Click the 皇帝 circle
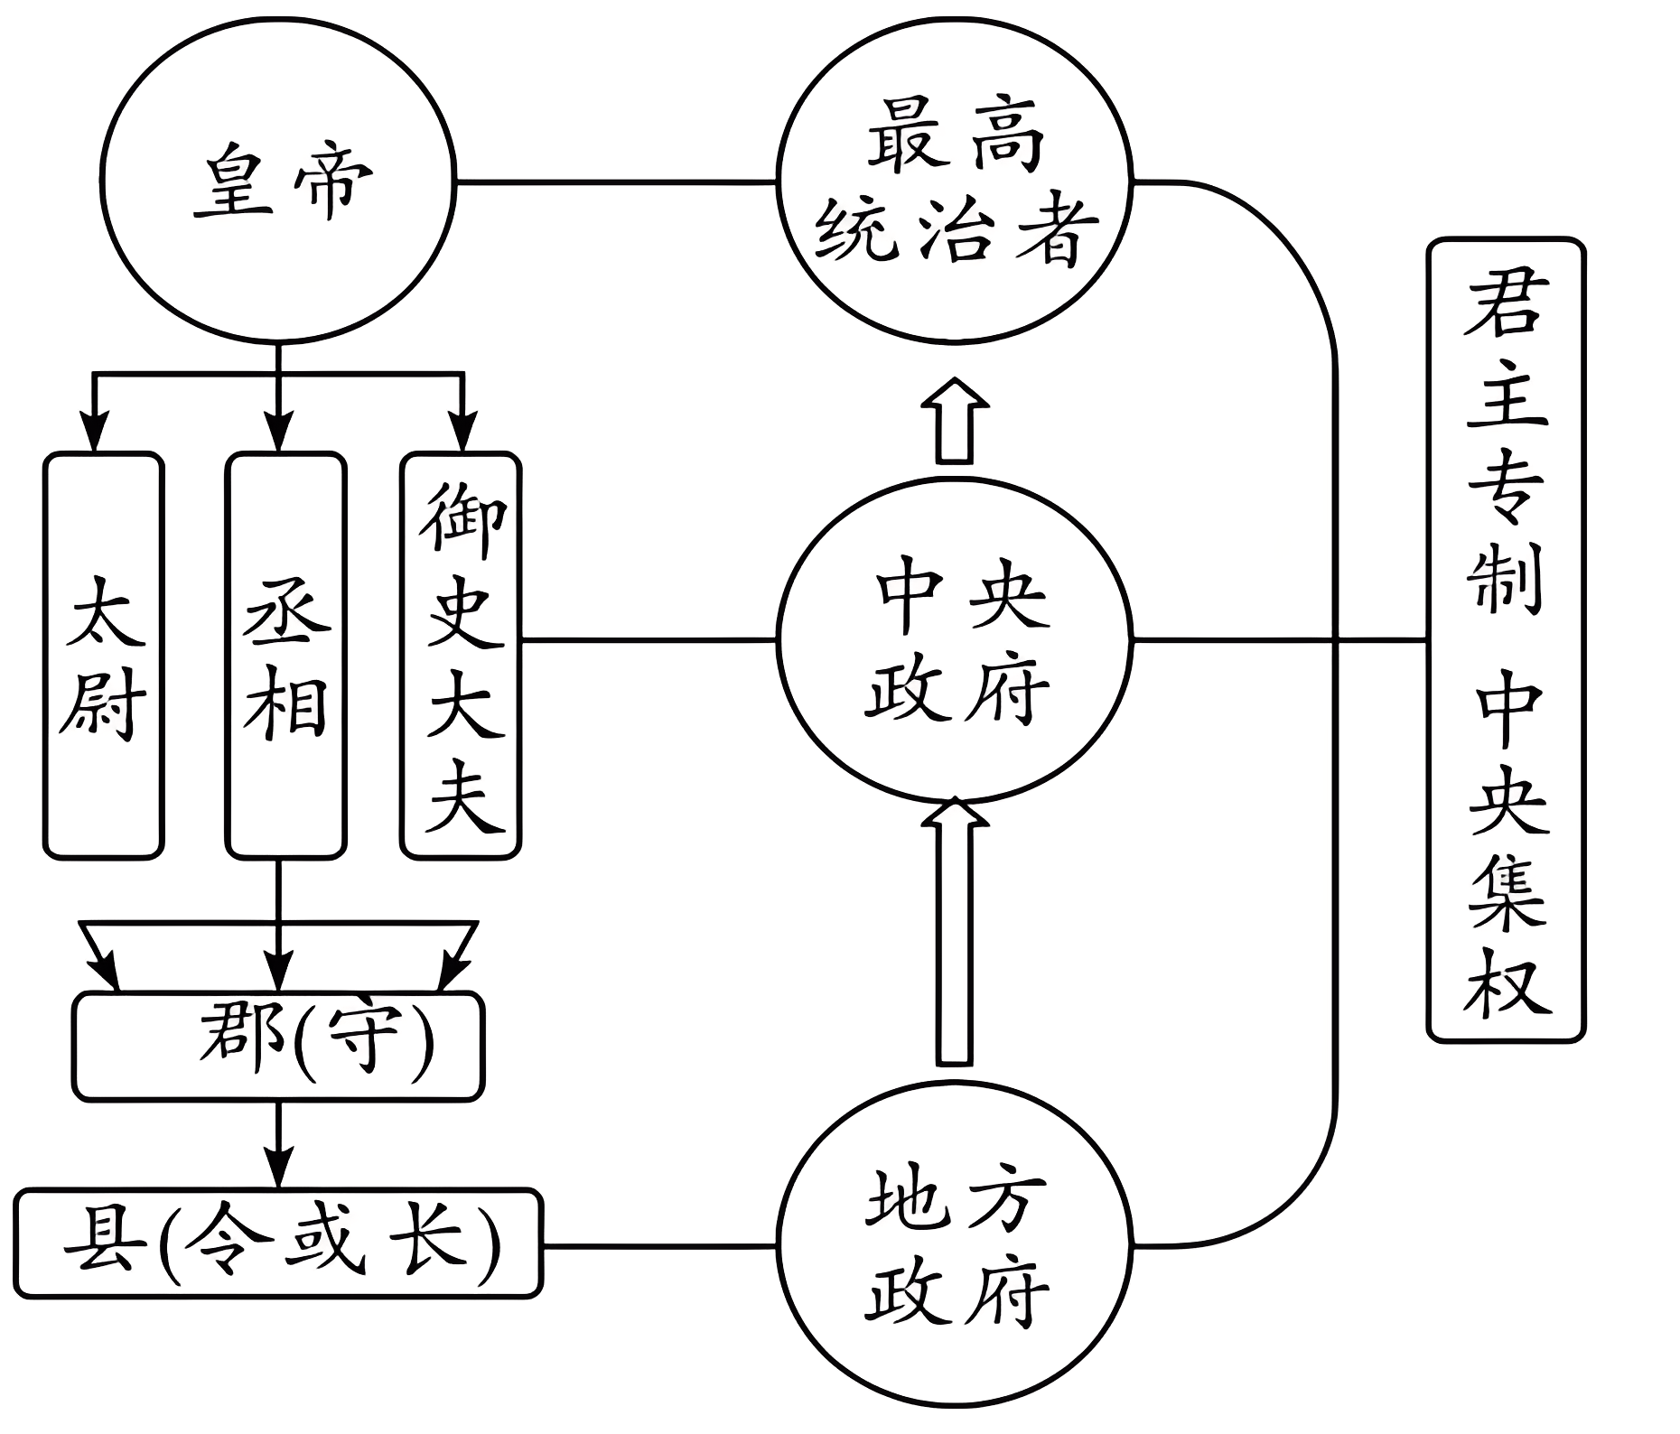coord(278,184)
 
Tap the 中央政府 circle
coord(955,641)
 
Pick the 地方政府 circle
coord(955,1246)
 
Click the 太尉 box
coord(104,655)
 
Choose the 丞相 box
coord(285,655)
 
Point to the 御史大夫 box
coord(461,655)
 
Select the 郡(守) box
coord(278,1046)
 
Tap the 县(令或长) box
coord(278,1243)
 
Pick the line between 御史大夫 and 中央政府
coord(649,640)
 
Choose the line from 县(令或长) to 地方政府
coord(659,1247)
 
